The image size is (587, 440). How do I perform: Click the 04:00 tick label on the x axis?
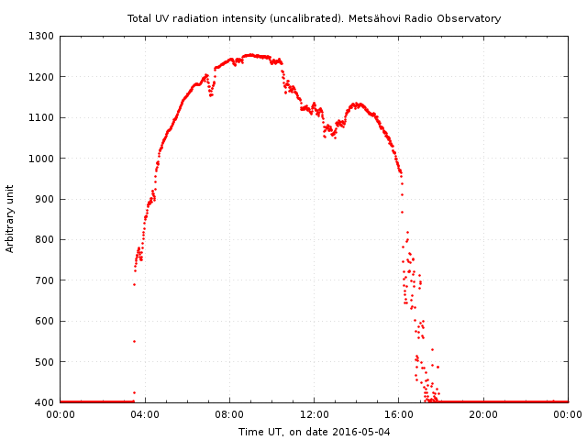tap(145, 414)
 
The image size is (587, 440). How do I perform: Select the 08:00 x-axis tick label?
tap(229, 414)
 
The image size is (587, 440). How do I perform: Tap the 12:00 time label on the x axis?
tap(314, 414)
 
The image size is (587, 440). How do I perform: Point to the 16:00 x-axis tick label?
tap(399, 414)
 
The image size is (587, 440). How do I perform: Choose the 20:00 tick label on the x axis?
tap(483, 414)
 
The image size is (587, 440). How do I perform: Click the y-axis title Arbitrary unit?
tap(11, 219)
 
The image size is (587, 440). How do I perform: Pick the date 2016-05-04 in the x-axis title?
tap(361, 432)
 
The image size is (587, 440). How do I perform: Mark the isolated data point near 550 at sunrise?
tap(134, 341)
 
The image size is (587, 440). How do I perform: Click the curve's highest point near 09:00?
tap(249, 55)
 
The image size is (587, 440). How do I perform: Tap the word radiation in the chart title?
tap(196, 18)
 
